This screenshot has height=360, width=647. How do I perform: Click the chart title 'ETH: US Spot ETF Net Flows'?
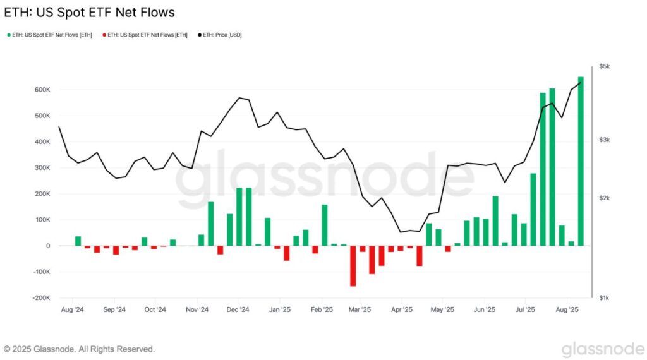(x=89, y=13)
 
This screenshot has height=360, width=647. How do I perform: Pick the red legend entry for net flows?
(x=147, y=35)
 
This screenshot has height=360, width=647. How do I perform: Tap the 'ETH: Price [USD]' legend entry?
(x=221, y=35)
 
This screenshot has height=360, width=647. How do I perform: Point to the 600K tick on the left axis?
(x=42, y=90)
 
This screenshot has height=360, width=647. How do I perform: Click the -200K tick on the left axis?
(x=40, y=297)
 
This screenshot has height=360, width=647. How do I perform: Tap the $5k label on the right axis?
(x=605, y=66)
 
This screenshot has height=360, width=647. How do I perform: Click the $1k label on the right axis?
(x=605, y=297)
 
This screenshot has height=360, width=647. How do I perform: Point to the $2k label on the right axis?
(x=605, y=198)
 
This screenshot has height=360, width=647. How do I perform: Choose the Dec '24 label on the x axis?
(x=238, y=310)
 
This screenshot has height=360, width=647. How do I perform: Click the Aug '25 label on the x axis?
(x=567, y=310)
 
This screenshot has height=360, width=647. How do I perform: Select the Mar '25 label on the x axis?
(x=360, y=310)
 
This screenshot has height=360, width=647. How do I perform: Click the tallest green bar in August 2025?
(x=581, y=161)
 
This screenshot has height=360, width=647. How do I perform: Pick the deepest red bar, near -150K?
(x=353, y=265)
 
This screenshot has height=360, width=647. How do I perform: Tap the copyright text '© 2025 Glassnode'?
(x=79, y=349)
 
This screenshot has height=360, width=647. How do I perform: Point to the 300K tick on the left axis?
(x=42, y=167)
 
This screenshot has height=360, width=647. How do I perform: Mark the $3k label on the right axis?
(x=605, y=139)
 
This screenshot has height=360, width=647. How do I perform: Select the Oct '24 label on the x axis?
(x=155, y=310)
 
